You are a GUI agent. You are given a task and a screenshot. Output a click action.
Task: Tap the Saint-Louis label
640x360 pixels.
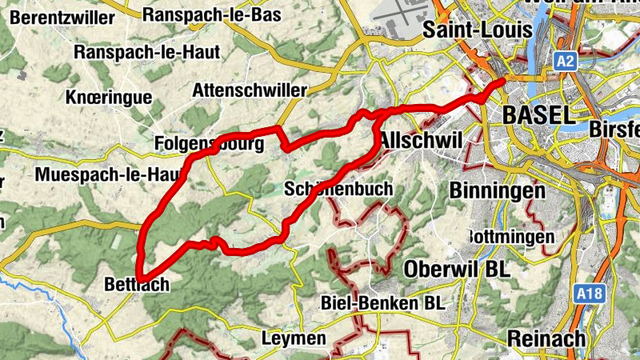point(478,30)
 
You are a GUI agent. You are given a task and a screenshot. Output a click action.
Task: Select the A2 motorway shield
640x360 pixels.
point(566,60)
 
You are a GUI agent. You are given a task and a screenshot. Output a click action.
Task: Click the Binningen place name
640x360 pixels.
point(497,191)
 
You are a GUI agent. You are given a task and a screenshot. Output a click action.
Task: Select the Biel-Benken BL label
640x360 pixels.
point(382,303)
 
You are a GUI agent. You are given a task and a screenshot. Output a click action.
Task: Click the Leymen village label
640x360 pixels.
point(294,338)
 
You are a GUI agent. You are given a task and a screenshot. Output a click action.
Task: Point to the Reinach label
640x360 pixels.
point(546,338)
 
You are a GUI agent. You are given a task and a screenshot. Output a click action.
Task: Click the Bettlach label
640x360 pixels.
point(137,284)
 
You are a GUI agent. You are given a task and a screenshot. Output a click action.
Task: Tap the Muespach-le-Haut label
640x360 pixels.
point(99,174)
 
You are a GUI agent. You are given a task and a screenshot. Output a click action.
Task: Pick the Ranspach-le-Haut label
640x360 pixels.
point(135,52)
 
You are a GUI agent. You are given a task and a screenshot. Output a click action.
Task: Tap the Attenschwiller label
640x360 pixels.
point(250,89)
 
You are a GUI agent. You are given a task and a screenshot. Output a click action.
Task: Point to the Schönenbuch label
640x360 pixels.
point(338,189)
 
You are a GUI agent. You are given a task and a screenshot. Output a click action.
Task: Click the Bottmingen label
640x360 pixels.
point(510,237)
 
